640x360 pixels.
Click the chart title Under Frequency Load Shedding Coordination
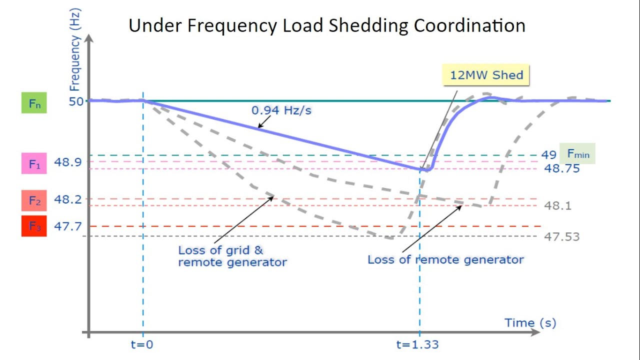pyautogui.click(x=327, y=25)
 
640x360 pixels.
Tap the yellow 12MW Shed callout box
pyautogui.click(x=486, y=75)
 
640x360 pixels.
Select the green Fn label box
pyautogui.click(x=34, y=104)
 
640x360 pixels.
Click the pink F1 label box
pyautogui.click(x=34, y=164)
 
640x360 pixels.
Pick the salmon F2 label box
pyautogui.click(x=34, y=200)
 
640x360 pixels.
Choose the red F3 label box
pyautogui.click(x=34, y=226)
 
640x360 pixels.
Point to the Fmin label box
pyautogui.click(x=578, y=154)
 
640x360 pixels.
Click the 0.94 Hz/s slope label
pyautogui.click(x=281, y=110)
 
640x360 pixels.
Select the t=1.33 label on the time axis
pyautogui.click(x=417, y=344)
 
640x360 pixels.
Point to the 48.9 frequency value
pyautogui.click(x=67, y=162)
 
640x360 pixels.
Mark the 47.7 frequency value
pyautogui.click(x=67, y=226)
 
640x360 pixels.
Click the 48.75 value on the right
pyautogui.click(x=562, y=168)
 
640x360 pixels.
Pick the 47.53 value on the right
pyautogui.click(x=562, y=236)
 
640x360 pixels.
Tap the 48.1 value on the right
pyautogui.click(x=557, y=205)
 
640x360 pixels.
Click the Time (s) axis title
pyautogui.click(x=530, y=322)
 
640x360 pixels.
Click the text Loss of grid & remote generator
pyautogui.click(x=232, y=256)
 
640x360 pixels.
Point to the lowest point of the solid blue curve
pyautogui.click(x=425, y=170)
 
